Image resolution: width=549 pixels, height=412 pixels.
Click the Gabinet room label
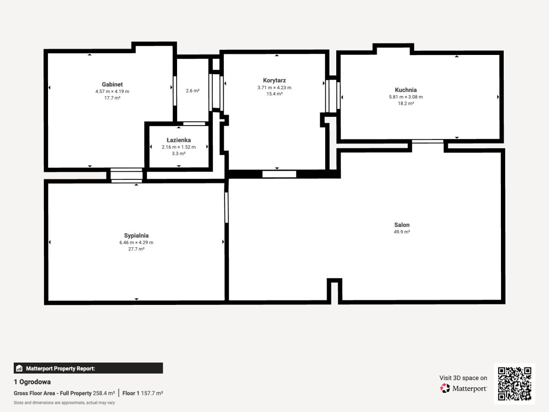[112, 85]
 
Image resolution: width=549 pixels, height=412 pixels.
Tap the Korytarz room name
[274, 81]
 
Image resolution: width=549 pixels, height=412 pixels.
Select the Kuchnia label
[406, 90]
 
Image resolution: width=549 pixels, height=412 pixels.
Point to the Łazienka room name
[178, 140]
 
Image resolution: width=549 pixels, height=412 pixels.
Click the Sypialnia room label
[136, 236]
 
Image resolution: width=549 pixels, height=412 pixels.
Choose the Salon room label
[402, 225]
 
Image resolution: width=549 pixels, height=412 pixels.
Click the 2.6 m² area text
[193, 91]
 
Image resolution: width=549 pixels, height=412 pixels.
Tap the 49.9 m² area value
[402, 232]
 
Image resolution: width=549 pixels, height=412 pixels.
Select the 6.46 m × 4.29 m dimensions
[136, 243]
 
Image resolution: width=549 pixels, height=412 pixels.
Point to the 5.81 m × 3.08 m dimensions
[406, 97]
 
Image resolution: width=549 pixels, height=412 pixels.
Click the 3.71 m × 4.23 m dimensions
[274, 87]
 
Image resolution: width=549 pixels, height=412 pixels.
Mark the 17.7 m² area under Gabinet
[112, 98]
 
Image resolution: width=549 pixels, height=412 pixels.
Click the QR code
[515, 384]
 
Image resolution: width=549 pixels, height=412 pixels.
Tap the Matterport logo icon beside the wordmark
[445, 388]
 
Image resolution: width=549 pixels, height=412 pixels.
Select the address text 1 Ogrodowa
[32, 382]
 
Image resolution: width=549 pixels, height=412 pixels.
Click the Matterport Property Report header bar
[88, 368]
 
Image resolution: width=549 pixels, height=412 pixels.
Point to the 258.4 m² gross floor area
[104, 393]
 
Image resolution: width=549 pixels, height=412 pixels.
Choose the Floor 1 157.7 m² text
[143, 393]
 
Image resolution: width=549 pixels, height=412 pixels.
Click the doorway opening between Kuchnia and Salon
[427, 141]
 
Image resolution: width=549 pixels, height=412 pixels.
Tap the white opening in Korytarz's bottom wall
[279, 174]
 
